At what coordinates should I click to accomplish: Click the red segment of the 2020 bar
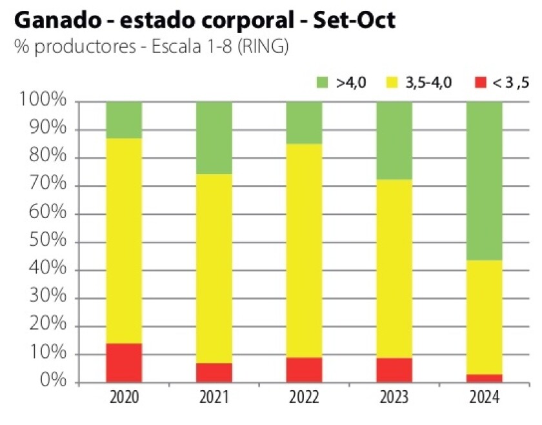(124, 362)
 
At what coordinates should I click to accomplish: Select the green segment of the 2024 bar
(485, 181)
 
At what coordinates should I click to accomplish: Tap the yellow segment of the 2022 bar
(304, 250)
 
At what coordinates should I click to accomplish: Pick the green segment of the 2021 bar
(214, 137)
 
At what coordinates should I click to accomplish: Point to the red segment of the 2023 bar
(394, 370)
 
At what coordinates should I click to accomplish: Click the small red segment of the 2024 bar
(485, 378)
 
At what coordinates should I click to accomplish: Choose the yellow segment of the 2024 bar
(485, 317)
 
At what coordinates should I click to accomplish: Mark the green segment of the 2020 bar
(124, 120)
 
